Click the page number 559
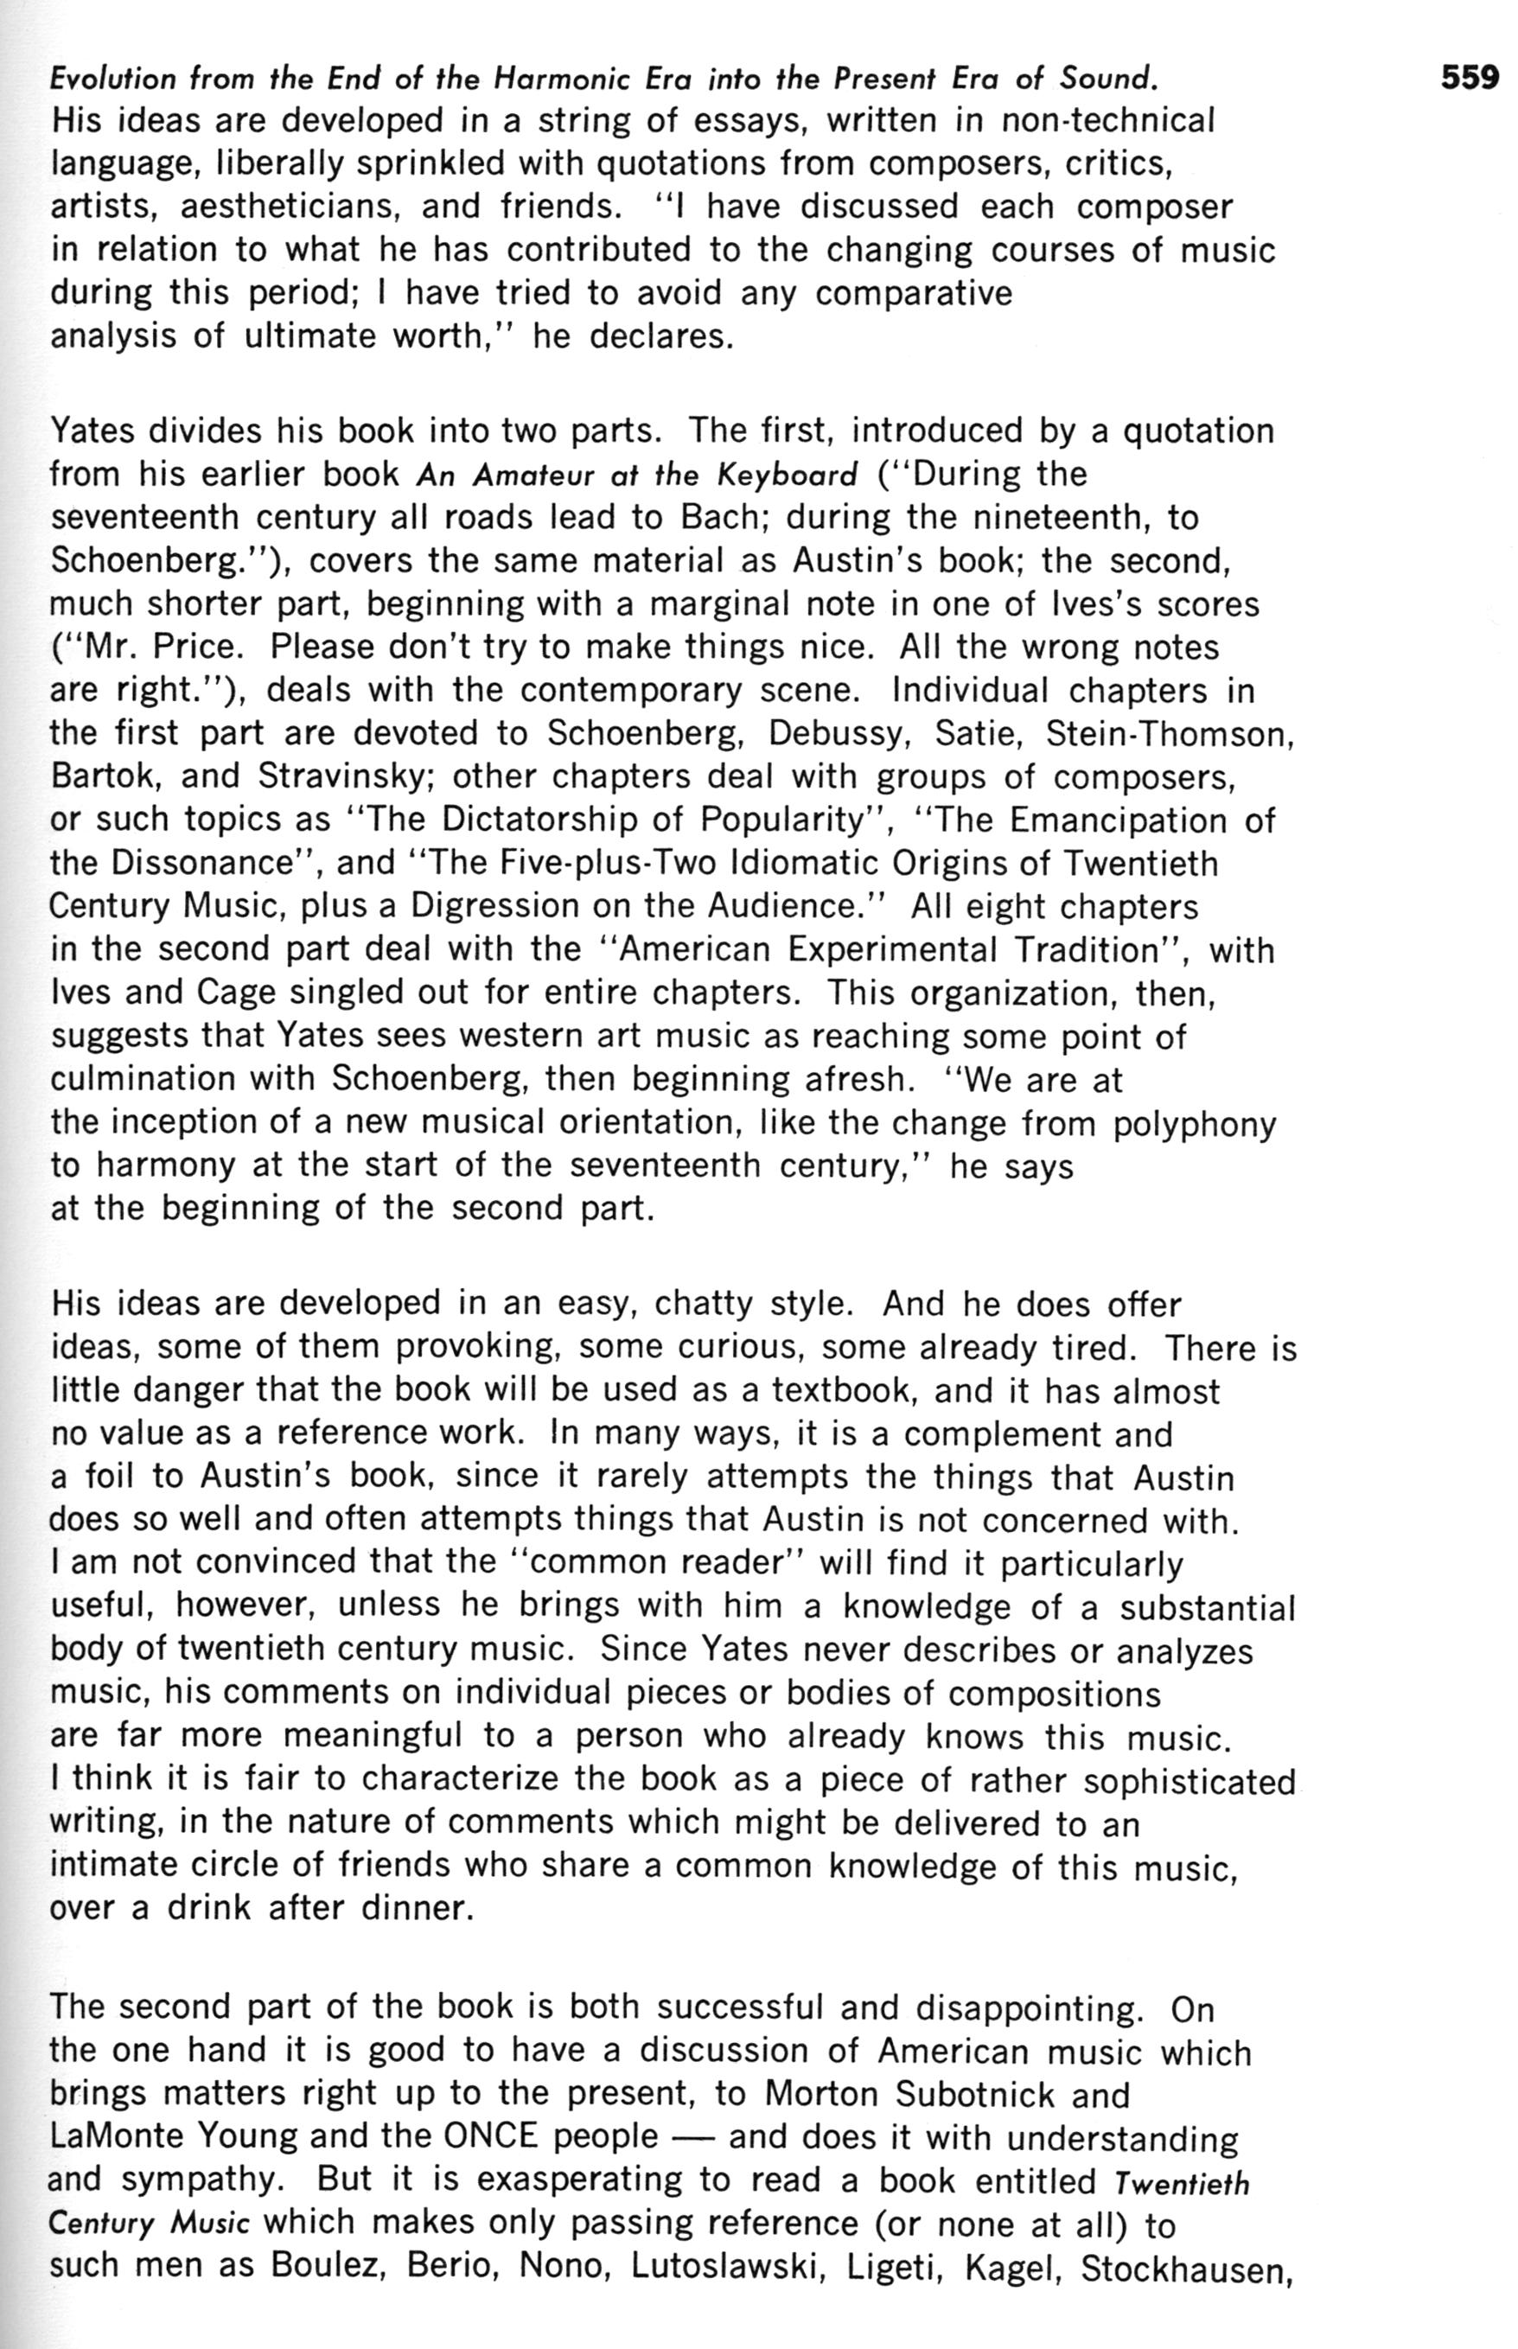point(1470,78)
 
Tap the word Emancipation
point(1119,820)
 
